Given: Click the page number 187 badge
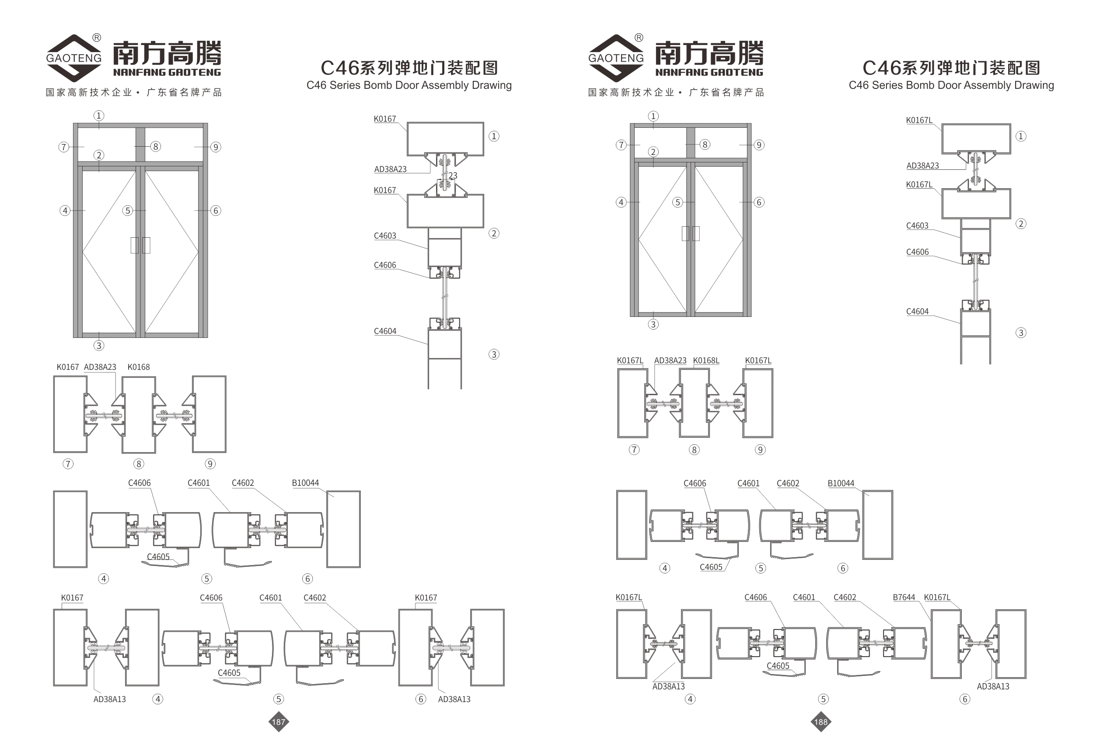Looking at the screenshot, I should (278, 722).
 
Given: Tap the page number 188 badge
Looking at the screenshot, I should (821, 722).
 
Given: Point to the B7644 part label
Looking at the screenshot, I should (904, 597).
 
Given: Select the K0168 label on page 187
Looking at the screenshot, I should (138, 367).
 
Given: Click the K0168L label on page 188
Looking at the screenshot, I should (706, 360).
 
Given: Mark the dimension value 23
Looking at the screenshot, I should (453, 176).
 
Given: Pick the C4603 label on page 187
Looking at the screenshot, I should (385, 236).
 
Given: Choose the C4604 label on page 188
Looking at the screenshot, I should (917, 312).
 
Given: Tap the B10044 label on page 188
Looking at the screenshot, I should (841, 484).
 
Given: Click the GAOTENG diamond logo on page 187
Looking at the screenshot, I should (74, 58).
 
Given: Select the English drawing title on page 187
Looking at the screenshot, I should (409, 85).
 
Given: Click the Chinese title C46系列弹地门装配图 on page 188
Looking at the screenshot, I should (951, 68).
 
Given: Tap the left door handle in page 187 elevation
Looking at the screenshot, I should (135, 245).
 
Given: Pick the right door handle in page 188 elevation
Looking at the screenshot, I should (696, 233).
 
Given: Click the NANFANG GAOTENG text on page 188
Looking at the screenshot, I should (709, 73).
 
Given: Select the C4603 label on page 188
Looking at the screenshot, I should (917, 226).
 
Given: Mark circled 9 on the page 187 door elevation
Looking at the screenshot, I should (215, 147).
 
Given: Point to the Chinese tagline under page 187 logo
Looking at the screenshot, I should (133, 92).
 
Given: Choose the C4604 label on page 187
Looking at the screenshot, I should (385, 331).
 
